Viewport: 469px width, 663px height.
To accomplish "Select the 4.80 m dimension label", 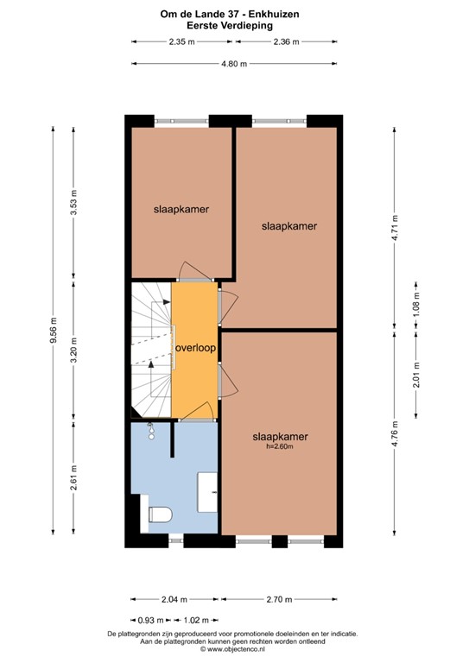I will (234, 63).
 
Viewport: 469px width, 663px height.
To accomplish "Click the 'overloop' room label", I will (195, 348).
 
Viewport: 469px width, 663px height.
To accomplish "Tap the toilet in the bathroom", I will (158, 515).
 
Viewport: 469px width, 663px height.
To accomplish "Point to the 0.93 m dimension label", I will (152, 619).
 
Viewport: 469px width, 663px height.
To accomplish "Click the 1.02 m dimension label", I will (199, 619).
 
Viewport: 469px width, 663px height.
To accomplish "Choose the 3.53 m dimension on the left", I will (73, 204).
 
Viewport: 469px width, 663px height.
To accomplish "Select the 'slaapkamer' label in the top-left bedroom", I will (181, 209).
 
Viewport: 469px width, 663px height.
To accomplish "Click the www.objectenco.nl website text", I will (234, 650).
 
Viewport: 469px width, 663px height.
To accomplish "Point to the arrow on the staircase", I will (152, 364).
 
